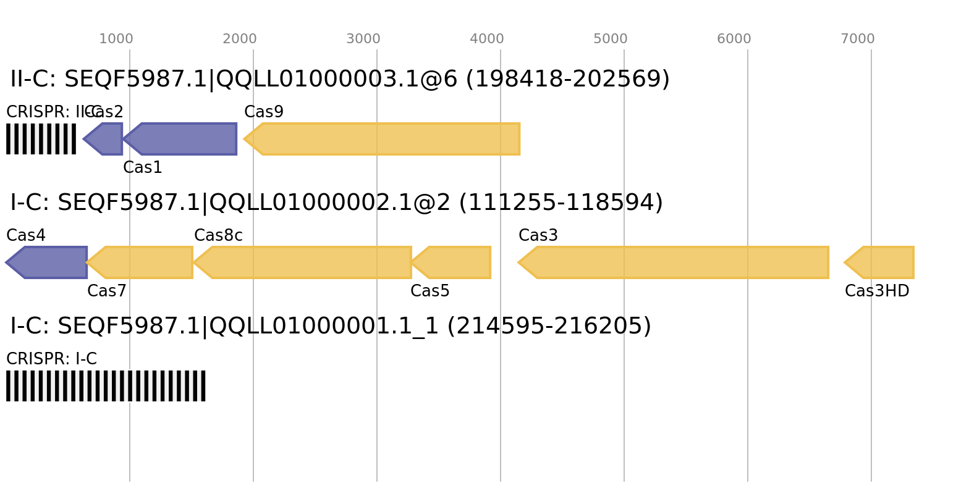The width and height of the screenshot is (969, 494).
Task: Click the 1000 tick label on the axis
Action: tap(116, 39)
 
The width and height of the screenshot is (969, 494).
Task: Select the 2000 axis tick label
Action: tap(240, 39)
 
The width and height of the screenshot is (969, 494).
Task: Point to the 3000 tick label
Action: tap(363, 39)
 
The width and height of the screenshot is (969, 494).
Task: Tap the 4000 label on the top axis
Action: tap(487, 39)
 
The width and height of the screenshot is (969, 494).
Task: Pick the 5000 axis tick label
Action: tap(611, 39)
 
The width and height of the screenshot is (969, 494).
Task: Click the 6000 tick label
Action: tap(734, 39)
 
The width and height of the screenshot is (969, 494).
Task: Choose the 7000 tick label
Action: tap(858, 39)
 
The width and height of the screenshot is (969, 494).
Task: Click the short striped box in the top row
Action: tap(41, 139)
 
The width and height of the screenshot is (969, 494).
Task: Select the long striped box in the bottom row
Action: tap(106, 386)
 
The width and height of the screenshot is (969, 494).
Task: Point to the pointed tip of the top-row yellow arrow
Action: tap(244, 139)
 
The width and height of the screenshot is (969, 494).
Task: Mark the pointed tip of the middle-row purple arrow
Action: tap(6, 262)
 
